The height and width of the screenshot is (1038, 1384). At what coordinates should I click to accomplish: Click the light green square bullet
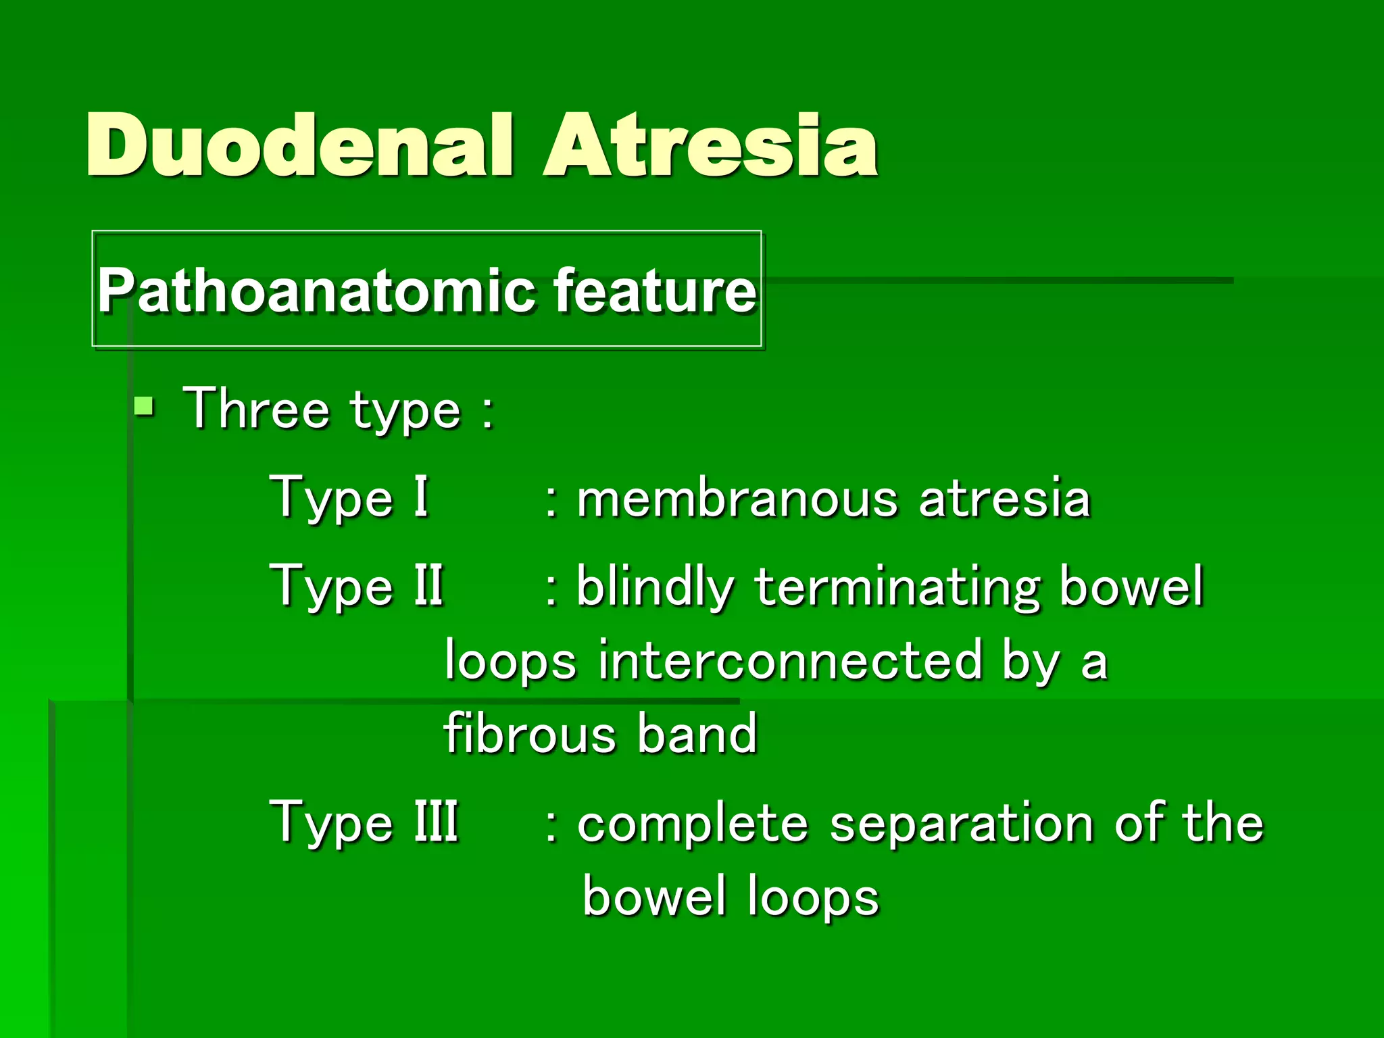(x=144, y=407)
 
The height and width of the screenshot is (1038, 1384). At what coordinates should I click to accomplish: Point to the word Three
(x=256, y=409)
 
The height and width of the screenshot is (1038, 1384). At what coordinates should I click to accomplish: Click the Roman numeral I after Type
(x=421, y=497)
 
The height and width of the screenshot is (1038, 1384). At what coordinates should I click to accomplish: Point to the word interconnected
(x=789, y=661)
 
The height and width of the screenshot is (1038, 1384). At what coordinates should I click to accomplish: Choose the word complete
(x=693, y=824)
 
